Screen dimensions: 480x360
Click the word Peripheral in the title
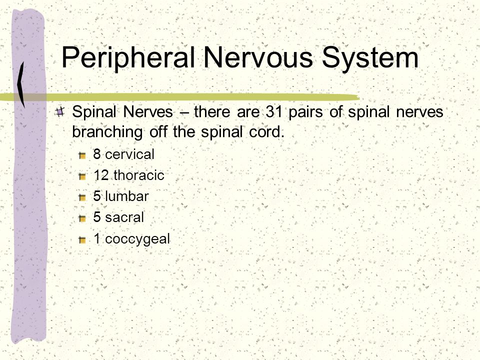(128, 57)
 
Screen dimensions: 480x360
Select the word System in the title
(370, 58)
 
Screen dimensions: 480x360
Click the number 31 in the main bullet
(274, 111)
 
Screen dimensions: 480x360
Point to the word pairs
(305, 112)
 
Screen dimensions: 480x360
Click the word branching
(107, 132)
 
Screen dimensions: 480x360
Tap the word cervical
(130, 154)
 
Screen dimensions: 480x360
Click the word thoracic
(139, 175)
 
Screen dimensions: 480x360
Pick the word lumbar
(126, 196)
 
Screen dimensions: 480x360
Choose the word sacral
(124, 217)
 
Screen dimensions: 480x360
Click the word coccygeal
(137, 239)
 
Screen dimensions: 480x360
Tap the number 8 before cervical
(97, 154)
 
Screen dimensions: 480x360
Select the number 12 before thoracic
(101, 175)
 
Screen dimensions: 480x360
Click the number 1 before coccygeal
(97, 239)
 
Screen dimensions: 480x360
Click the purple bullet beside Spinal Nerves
(60, 111)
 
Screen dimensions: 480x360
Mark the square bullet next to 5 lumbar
(82, 197)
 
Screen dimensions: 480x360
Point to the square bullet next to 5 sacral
(82, 218)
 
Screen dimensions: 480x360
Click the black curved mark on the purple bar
(21, 84)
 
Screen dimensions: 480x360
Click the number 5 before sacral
(97, 217)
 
